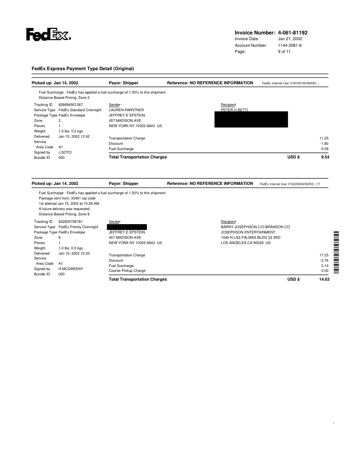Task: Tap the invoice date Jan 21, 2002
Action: (290, 39)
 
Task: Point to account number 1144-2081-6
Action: (290, 45)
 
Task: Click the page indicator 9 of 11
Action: (285, 52)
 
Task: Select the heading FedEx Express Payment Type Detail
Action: (82, 68)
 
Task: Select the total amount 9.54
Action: (325, 157)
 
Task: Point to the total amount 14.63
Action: (324, 279)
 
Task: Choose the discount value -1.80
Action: (324, 143)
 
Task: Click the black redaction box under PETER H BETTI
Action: (251, 120)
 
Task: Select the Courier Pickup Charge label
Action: (127, 271)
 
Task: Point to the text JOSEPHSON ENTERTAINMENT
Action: (248, 232)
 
